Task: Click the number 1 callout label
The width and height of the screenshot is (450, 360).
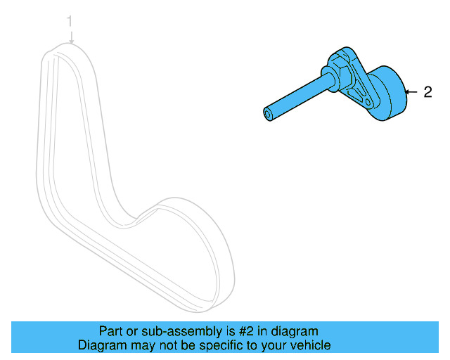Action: [x=70, y=21]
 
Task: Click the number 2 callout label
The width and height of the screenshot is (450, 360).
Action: [x=427, y=92]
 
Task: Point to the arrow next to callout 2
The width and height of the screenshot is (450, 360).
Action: [x=412, y=92]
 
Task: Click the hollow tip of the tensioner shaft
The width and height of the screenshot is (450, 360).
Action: [x=268, y=114]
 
